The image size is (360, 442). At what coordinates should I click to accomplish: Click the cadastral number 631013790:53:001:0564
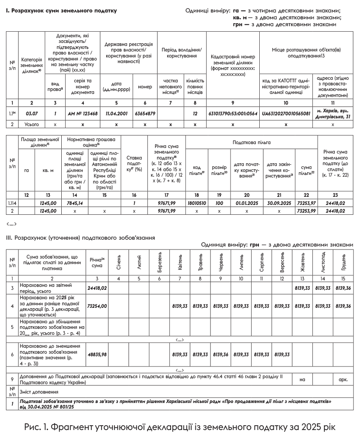coord(232,113)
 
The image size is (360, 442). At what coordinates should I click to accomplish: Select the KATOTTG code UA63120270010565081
coord(286,113)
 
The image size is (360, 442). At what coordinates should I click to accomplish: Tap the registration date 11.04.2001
coord(116,113)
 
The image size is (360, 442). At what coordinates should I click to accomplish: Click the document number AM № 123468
coord(83,113)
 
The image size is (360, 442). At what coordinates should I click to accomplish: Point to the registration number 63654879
coord(145,113)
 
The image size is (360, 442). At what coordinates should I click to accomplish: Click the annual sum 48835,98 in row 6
coord(97,355)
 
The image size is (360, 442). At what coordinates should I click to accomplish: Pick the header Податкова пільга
coord(252,142)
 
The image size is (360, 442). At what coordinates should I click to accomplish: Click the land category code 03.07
coord(32,113)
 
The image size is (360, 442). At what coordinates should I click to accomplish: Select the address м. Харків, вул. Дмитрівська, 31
coord(333,114)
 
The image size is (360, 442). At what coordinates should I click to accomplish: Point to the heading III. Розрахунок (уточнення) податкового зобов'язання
coord(80,237)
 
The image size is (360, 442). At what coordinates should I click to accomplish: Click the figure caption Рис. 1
coord(179,427)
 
